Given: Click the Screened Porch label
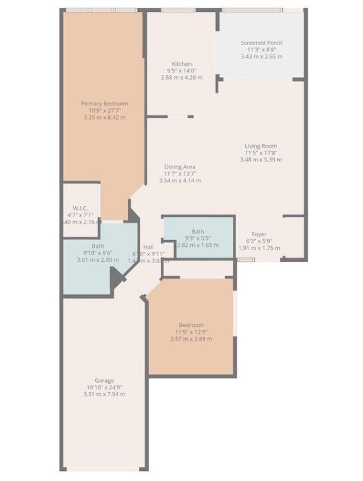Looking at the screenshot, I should (x=261, y=43).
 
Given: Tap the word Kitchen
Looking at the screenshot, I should (x=181, y=64).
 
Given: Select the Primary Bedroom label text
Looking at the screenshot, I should (x=105, y=103).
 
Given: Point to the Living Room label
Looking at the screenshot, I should (x=260, y=146).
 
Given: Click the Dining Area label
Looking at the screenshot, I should (x=180, y=167).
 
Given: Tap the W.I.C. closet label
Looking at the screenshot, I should (x=79, y=208).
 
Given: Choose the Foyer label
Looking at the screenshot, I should (x=259, y=234).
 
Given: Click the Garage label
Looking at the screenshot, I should (x=104, y=380).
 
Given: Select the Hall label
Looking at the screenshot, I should (x=148, y=247).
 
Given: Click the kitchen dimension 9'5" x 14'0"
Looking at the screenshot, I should (x=181, y=71).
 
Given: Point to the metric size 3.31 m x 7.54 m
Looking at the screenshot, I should (x=104, y=394).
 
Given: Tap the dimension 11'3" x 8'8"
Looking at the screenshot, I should (x=261, y=49).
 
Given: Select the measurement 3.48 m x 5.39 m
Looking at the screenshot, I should (x=260, y=160).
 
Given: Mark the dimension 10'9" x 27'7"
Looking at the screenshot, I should (x=105, y=110).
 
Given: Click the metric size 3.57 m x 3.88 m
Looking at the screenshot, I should (x=191, y=339).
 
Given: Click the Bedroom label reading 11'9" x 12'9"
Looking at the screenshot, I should (x=191, y=325).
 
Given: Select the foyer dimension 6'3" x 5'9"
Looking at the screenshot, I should (x=259, y=240).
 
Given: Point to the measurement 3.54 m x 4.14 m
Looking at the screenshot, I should (x=180, y=180).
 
